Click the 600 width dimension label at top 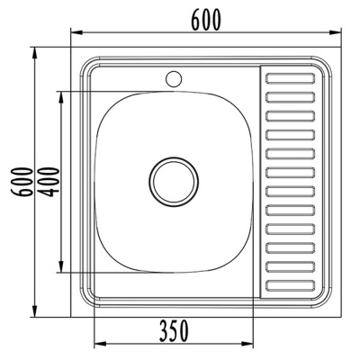click(206, 20)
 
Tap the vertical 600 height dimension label click(22, 182)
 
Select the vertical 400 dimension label click(49, 182)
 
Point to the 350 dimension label click(174, 331)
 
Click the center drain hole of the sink click(174, 182)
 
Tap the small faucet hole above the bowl click(174, 78)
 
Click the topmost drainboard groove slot click(291, 78)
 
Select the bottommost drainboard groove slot click(291, 286)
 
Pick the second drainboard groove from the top click(291, 97)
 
